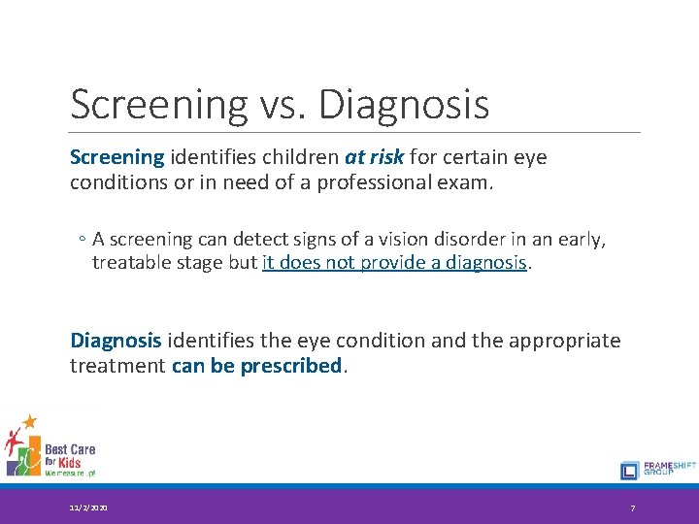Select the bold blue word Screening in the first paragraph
pos(117,157)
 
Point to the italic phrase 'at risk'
pos(374,157)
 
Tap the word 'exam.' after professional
pos(469,181)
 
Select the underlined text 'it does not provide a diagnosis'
pos(394,263)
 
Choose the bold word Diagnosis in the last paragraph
pos(116,341)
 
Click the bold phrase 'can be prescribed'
pos(256,365)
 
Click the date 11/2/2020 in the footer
pos(88,508)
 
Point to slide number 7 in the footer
pos(633,508)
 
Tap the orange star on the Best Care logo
pos(29,421)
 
